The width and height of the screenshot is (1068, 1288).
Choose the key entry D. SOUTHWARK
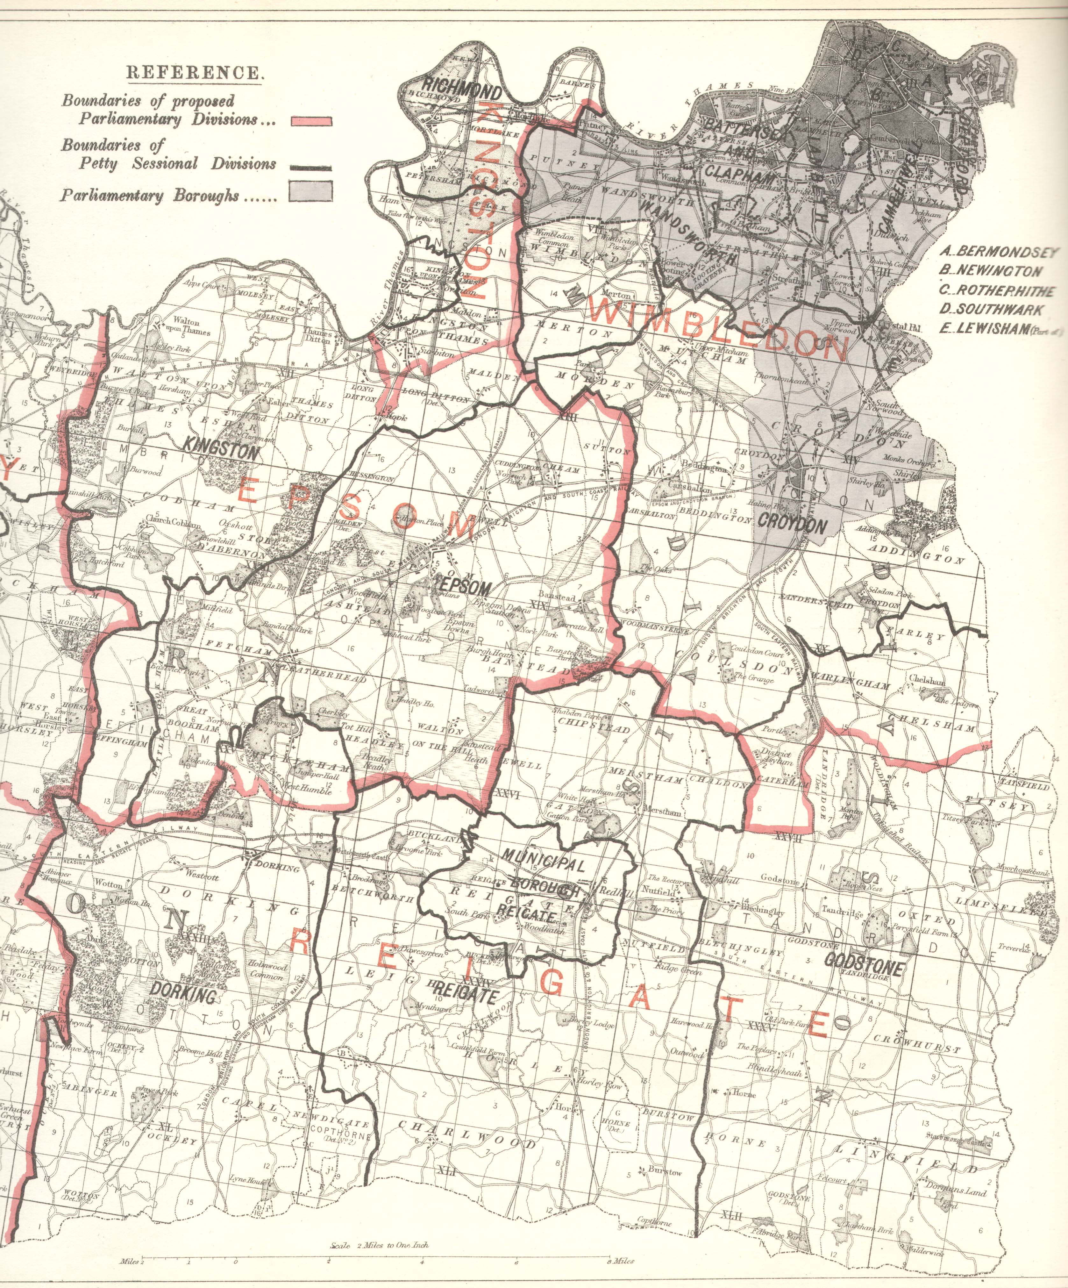point(990,310)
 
